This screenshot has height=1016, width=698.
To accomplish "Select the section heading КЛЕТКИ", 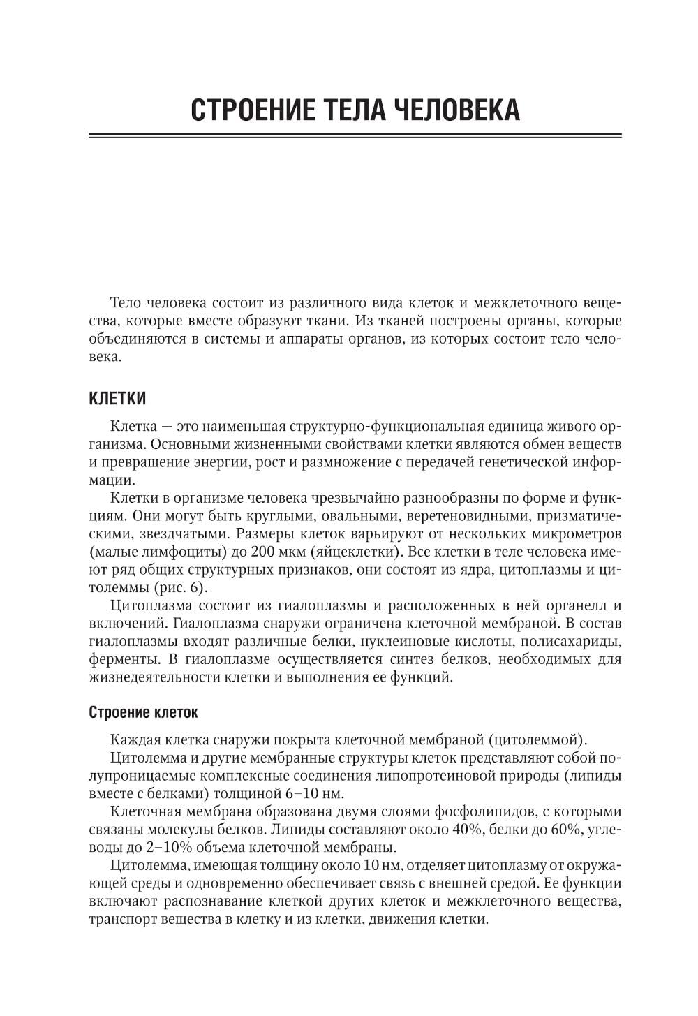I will click(x=118, y=399).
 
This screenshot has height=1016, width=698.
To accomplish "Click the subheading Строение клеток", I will click(x=144, y=713).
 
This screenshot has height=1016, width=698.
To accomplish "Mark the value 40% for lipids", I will click(x=454, y=830).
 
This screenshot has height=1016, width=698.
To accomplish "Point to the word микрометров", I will click(x=572, y=532).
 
